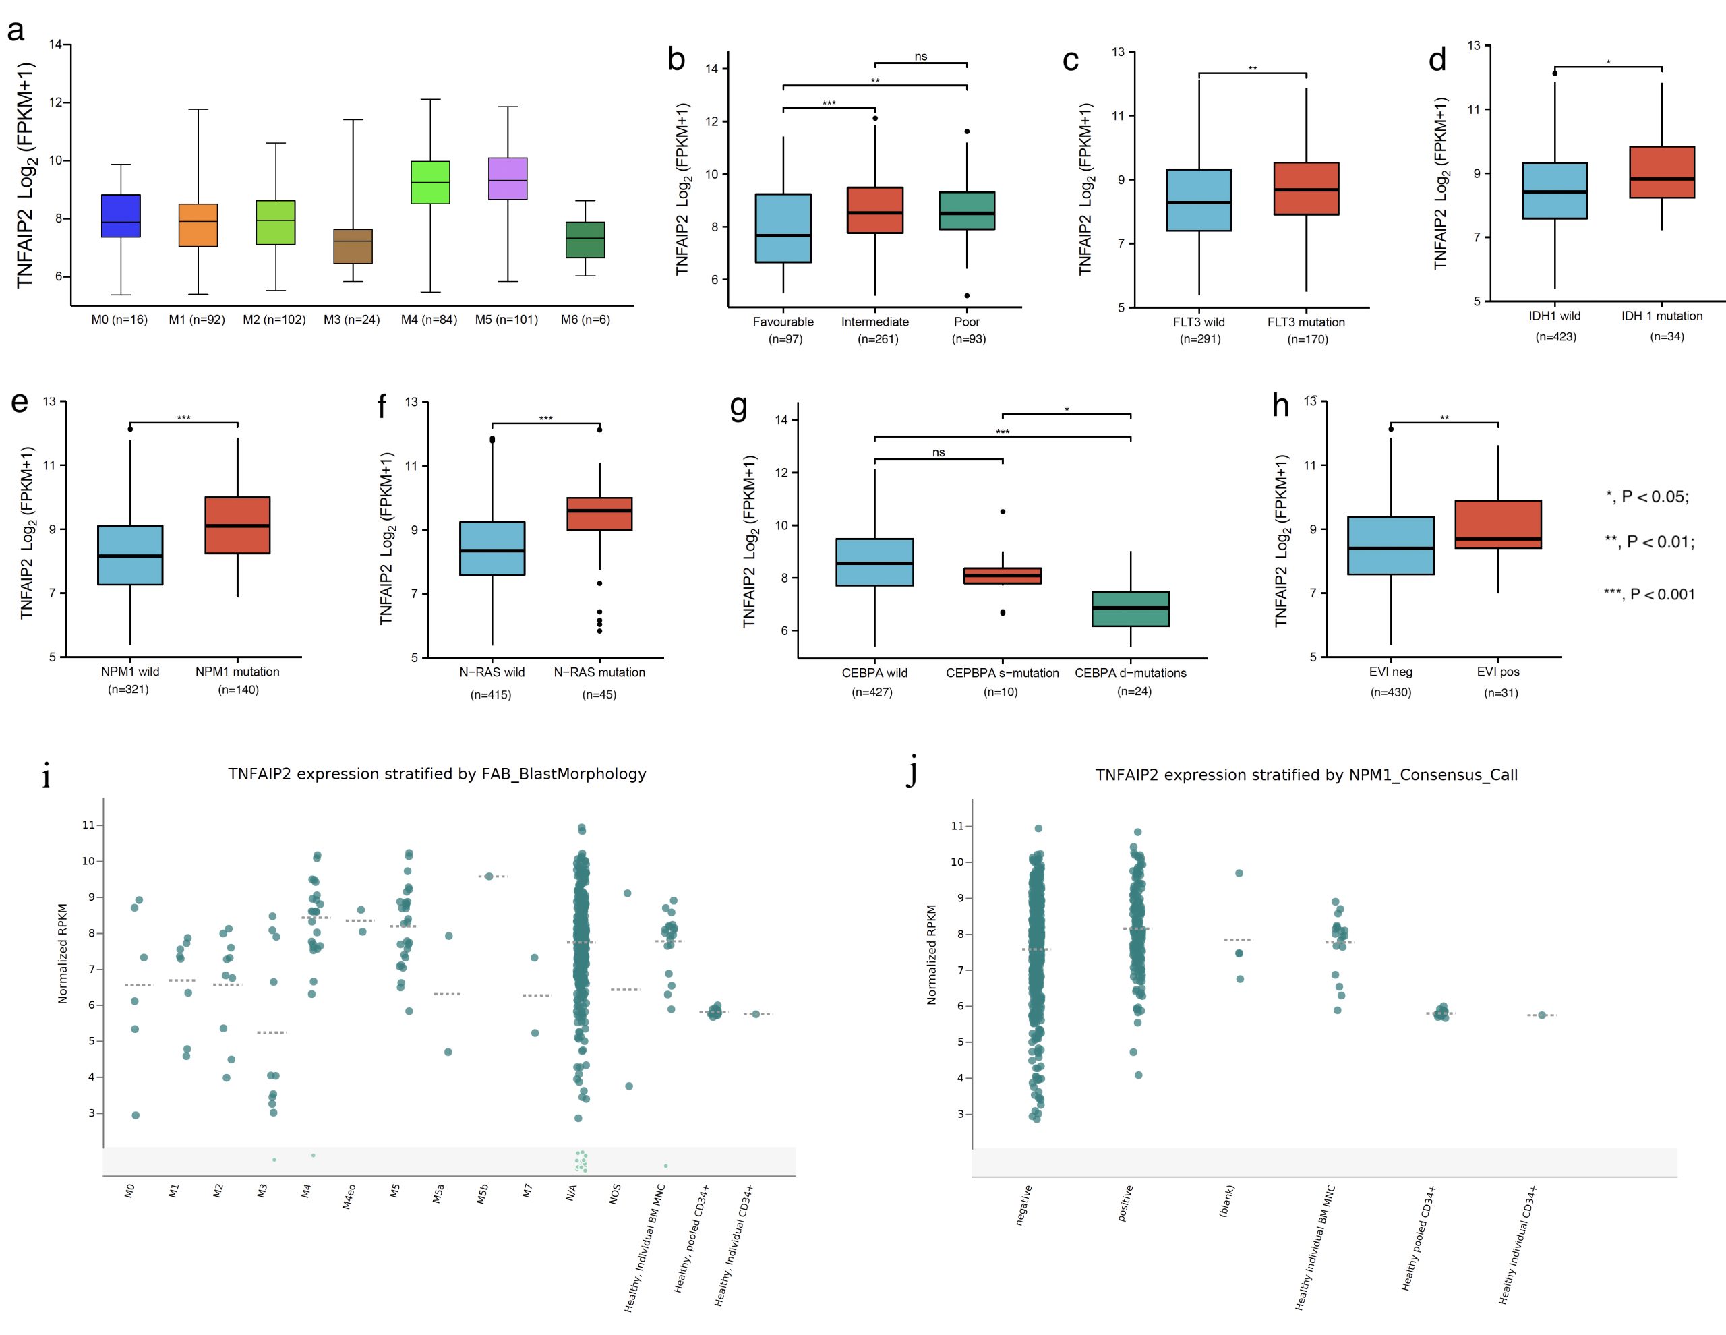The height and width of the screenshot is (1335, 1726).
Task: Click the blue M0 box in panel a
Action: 121,216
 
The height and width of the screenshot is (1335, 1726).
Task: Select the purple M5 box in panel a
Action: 508,179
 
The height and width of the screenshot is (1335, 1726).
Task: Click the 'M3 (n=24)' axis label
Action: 352,320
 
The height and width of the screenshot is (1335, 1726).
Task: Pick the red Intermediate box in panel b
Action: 875,210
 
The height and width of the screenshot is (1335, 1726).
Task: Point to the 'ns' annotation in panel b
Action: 921,56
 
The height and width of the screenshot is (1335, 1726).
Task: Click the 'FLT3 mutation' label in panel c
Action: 1305,322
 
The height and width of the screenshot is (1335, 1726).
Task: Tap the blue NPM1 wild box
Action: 130,555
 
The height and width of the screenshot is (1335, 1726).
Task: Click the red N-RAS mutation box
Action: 599,514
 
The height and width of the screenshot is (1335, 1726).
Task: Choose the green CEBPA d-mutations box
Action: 1130,609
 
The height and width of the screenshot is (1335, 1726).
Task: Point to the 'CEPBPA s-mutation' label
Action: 1002,673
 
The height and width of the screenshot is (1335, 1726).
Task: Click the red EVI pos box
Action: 1497,524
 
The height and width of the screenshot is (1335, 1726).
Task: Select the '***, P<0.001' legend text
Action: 1649,595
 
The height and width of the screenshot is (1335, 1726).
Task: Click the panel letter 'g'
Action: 738,407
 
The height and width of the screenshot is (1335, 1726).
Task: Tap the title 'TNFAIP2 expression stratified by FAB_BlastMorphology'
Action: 437,774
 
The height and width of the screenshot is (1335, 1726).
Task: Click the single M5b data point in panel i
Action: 489,876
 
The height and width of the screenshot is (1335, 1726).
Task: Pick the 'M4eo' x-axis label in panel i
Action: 349,1197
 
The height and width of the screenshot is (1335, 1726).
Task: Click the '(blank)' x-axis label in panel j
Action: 1226,1201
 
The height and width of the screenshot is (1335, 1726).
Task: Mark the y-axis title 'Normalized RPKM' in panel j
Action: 931,954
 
